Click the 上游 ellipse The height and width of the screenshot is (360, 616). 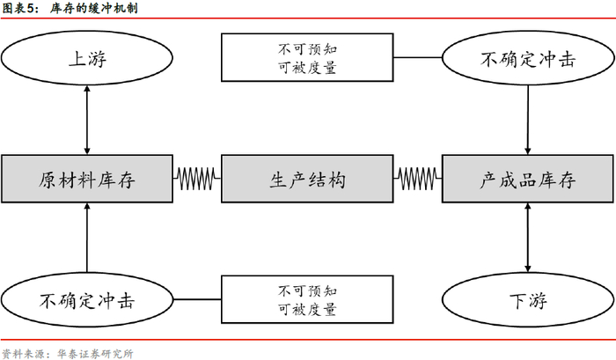[87, 59]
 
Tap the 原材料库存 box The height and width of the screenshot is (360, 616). [87, 180]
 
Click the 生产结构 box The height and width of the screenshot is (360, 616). [307, 180]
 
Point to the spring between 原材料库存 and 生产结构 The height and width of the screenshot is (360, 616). [196, 180]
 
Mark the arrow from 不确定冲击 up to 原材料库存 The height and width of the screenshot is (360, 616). [87, 238]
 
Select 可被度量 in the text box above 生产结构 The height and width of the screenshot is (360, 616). [307, 68]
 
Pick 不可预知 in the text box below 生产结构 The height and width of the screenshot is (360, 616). [307, 290]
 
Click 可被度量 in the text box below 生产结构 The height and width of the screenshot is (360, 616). [307, 309]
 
